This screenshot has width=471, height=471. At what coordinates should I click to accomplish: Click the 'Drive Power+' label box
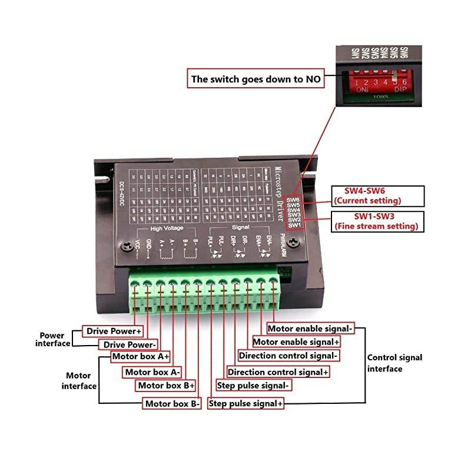coord(113,331)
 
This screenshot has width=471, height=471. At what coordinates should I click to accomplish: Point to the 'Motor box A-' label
coord(152,372)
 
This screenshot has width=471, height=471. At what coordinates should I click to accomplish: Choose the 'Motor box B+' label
coord(166,385)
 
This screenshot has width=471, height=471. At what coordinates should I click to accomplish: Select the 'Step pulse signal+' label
coord(246,404)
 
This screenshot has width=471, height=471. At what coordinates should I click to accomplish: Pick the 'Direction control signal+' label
coord(278,372)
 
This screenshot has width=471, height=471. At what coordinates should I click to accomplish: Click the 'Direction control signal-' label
coord(288,356)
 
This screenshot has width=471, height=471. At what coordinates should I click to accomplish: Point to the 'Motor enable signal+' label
coord(296,341)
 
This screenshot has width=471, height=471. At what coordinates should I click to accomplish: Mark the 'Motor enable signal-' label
coord(311,329)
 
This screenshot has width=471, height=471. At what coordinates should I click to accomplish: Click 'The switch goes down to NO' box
coord(256,78)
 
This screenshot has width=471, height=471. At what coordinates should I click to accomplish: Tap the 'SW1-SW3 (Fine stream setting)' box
coord(376,221)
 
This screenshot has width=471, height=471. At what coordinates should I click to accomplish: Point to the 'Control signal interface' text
coord(394,363)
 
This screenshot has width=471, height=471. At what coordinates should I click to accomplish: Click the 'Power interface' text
coord(52,339)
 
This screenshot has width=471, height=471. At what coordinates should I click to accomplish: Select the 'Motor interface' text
coord(79,380)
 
